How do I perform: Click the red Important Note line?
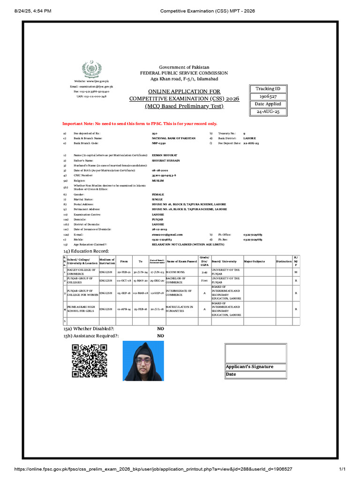[x=140, y=124]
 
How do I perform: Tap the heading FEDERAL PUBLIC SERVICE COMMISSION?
[x=184, y=73]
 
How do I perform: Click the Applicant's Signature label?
[x=249, y=367]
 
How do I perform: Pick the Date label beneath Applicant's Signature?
[x=231, y=375]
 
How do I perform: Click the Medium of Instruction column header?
[x=107, y=261]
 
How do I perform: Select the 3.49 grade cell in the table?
[x=204, y=272]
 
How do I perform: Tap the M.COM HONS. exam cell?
[x=179, y=272]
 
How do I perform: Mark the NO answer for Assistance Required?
[x=160, y=336]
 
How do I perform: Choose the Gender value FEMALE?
[x=158, y=194]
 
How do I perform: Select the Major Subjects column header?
[x=255, y=261]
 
